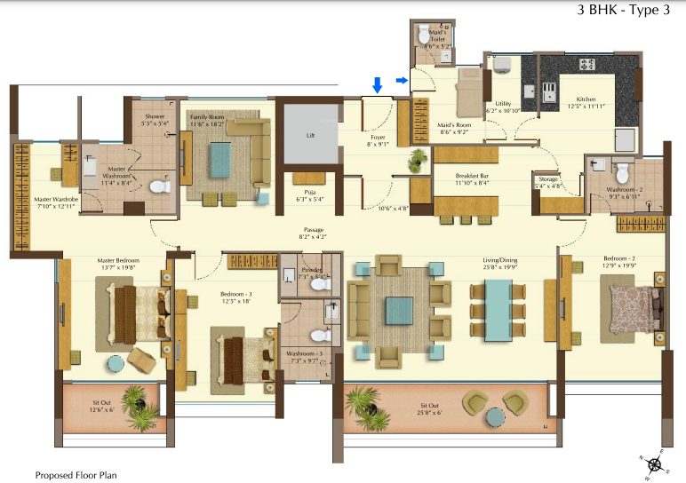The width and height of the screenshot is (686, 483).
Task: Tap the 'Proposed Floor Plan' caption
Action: [x=76, y=475]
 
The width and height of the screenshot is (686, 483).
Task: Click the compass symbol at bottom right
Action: [x=654, y=463]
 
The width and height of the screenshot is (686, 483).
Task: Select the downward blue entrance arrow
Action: [x=378, y=85]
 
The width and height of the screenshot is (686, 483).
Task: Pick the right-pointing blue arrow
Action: [x=402, y=81]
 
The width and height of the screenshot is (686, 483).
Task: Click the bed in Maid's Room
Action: [x=468, y=88]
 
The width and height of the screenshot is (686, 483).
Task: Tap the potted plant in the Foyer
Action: [x=416, y=160]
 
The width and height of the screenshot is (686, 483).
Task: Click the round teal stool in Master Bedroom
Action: [x=116, y=363]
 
